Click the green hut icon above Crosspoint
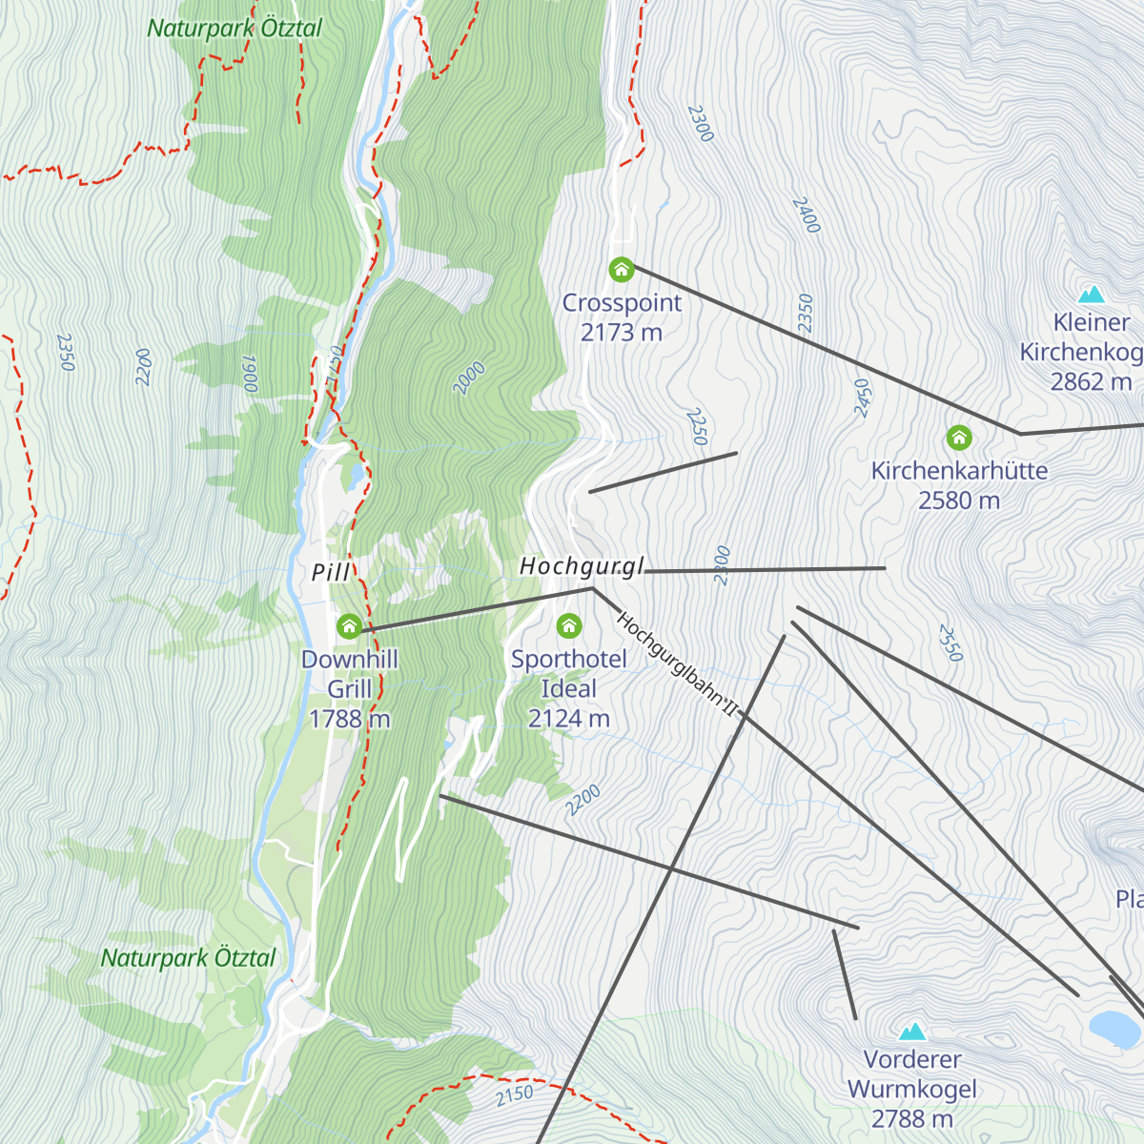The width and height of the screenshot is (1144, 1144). click(622, 270)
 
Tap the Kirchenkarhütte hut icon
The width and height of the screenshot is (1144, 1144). click(959, 438)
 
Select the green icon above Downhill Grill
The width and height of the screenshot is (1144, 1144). click(349, 626)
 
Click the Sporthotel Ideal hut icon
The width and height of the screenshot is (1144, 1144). click(569, 626)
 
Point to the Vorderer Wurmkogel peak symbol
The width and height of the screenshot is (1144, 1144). click(913, 1032)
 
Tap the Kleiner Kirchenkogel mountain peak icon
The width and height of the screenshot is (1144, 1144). click(1091, 295)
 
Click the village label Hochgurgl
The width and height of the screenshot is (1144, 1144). click(582, 566)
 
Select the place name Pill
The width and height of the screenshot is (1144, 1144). click(331, 572)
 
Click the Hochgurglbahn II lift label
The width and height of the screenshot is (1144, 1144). click(678, 664)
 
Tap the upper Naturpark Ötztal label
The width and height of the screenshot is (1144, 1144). click(235, 29)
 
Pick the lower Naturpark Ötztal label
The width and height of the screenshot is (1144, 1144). click(189, 958)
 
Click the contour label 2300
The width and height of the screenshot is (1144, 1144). click(701, 124)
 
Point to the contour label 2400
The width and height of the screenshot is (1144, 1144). click(806, 215)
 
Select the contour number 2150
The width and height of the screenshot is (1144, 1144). click(515, 1095)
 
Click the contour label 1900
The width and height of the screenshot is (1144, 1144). click(250, 375)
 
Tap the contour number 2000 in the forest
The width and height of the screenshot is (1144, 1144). click(469, 378)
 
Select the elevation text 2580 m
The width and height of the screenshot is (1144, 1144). click(959, 500)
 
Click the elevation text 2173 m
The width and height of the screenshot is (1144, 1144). click(622, 333)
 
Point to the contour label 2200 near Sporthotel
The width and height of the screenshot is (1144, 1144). click(582, 800)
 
